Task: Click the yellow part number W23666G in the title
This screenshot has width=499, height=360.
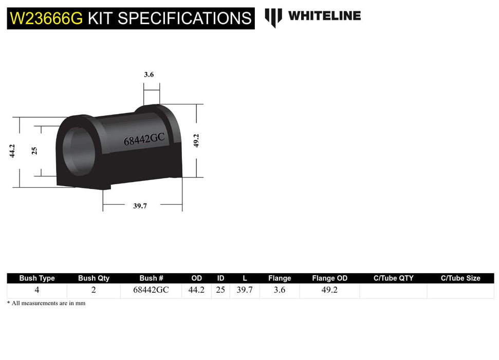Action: pos(46,19)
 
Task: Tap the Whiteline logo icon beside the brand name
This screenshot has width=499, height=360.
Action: pos(273,17)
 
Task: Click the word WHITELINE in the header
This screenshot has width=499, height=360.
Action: pos(324,16)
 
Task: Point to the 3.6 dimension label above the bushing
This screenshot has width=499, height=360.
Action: pos(149,75)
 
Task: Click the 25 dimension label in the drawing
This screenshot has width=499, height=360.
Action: pos(34,151)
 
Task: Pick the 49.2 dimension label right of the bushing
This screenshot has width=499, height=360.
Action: pos(196,140)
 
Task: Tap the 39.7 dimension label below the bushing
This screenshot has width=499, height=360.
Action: pos(140,206)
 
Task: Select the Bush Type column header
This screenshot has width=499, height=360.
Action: pos(37,278)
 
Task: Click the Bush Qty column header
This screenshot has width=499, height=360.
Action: pos(94,278)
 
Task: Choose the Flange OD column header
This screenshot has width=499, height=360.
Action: pos(329,278)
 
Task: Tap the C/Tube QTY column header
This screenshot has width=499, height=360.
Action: pos(393,278)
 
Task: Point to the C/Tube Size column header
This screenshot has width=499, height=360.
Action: pos(460,278)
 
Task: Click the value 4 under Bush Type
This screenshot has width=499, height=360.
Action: pos(36,290)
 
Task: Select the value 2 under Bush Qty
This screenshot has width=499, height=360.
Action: pos(94,290)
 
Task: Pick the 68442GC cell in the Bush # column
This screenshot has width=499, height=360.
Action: pos(151,290)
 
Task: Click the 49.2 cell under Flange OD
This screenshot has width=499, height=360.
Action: pos(329,290)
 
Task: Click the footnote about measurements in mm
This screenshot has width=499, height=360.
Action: pos(46,303)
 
